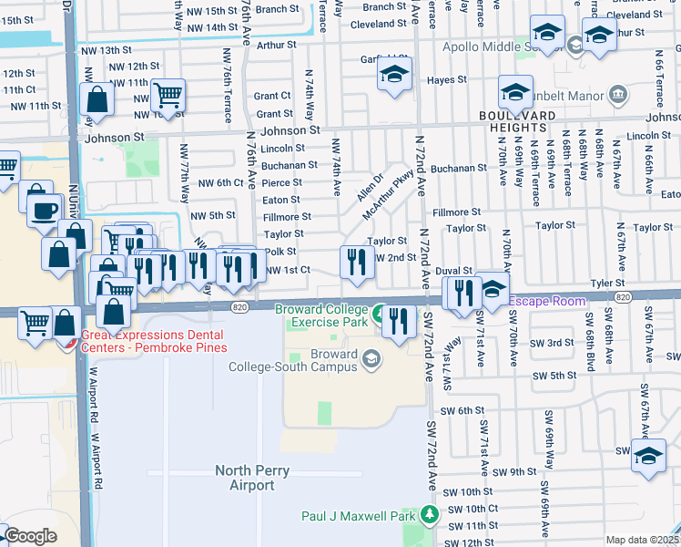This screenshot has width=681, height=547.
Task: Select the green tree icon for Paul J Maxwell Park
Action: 428,516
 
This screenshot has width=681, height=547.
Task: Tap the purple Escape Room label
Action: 546,300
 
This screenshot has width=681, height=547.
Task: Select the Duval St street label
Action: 453,271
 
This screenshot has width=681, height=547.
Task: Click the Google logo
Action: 30,536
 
